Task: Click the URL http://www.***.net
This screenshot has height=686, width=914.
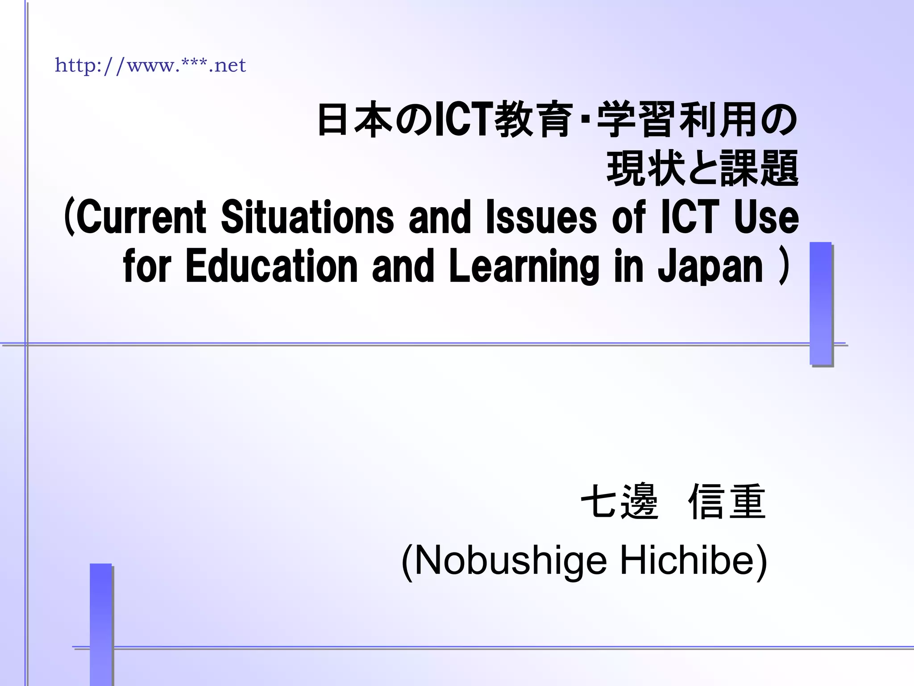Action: [150, 66]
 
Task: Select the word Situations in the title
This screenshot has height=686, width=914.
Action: [307, 218]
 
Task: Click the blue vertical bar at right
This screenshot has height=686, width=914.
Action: [821, 304]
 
